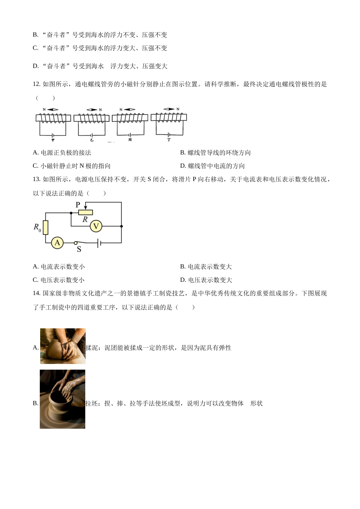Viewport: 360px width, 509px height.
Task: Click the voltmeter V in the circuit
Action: [96, 226]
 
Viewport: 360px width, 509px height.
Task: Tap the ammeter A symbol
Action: [57, 243]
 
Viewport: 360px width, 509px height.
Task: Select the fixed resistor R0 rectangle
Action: [45, 227]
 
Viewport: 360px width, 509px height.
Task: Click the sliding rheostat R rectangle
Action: [86, 212]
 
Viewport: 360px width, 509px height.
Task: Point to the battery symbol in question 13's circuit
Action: [99, 243]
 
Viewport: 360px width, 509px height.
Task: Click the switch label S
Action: [79, 250]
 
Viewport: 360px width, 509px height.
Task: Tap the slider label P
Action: [78, 205]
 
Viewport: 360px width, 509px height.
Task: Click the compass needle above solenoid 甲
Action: [53, 110]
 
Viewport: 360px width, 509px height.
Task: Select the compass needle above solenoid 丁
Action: [169, 109]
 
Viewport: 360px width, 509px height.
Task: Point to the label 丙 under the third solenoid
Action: [130, 140]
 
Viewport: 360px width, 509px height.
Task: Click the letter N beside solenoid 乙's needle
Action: [100, 110]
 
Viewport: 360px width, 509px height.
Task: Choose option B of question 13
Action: [206, 267]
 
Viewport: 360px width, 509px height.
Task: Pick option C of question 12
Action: [72, 166]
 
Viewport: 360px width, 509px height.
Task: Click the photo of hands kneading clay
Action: [63, 346]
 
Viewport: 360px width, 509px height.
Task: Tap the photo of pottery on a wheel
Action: [63, 399]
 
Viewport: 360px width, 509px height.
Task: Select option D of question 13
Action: [206, 280]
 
